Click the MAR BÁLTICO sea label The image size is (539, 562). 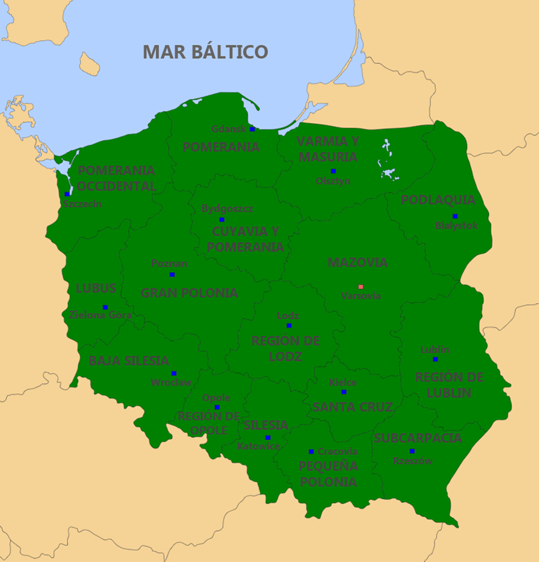click(205, 52)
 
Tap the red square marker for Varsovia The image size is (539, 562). click(361, 287)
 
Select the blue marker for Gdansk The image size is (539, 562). click(252, 129)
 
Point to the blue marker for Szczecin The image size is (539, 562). click(68, 194)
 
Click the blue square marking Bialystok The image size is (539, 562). click(455, 216)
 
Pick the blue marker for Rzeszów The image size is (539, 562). click(412, 451)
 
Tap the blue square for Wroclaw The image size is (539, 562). click(173, 374)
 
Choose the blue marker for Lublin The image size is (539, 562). click(435, 360)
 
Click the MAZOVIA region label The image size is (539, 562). click(357, 262)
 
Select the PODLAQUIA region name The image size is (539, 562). click(438, 200)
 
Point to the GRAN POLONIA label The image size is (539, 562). click(189, 293)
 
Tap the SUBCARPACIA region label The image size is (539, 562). click(418, 438)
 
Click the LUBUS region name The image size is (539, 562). click(96, 289)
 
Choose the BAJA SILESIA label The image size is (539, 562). click(129, 361)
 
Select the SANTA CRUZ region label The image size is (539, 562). click(352, 407)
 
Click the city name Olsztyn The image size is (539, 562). click(333, 181)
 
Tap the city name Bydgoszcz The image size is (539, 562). click(227, 208)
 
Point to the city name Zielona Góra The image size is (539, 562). click(100, 316)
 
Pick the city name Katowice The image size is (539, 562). click(258, 447)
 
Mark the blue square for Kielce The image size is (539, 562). click(343, 392)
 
